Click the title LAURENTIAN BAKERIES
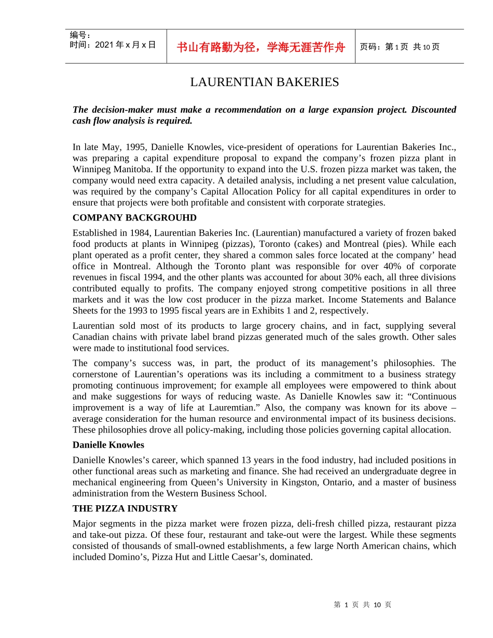click(x=264, y=82)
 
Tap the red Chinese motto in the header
click(x=261, y=47)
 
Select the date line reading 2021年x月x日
click(x=113, y=45)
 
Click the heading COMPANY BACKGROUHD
click(x=134, y=217)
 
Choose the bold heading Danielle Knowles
click(x=108, y=445)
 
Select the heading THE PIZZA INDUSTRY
click(x=125, y=508)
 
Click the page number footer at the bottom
click(x=362, y=604)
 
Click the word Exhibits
click(x=280, y=311)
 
